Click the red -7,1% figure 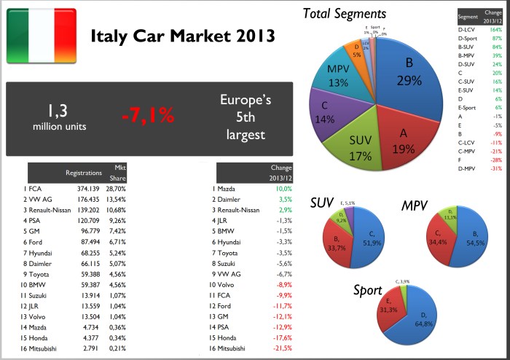coord(154,117)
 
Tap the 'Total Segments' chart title coord(344,13)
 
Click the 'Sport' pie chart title coord(367,289)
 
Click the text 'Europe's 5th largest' coord(245,117)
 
